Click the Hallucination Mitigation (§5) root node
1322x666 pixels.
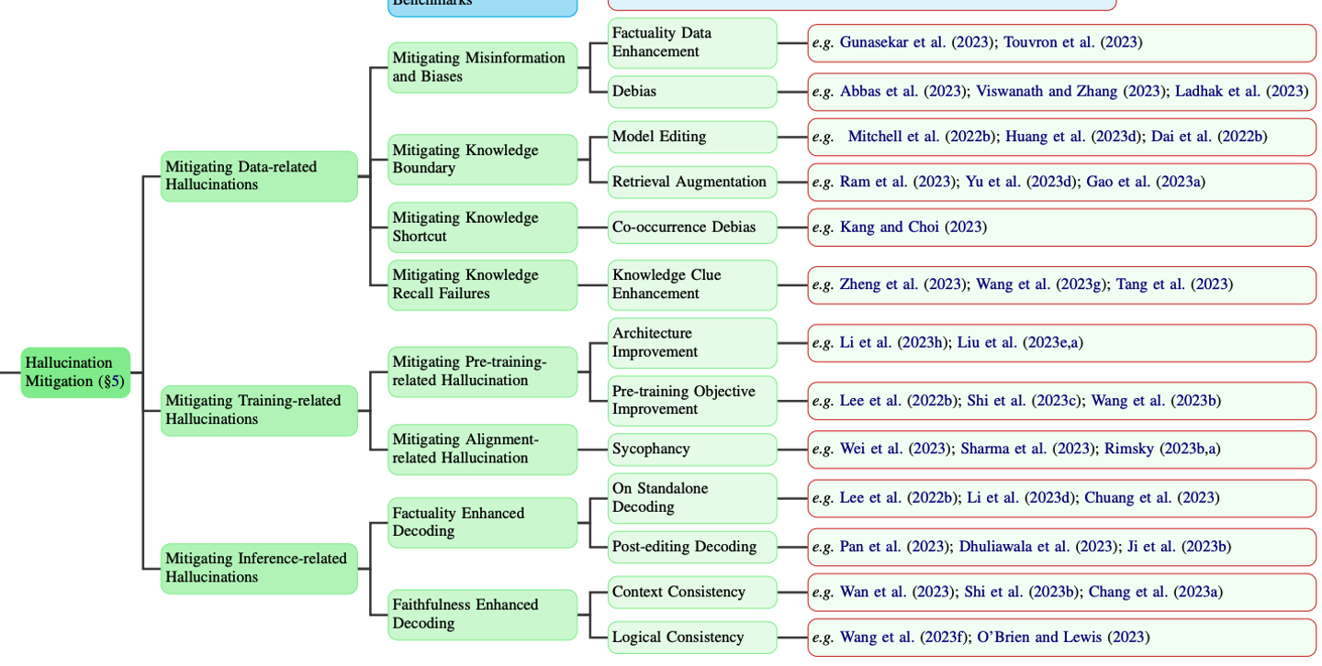75,372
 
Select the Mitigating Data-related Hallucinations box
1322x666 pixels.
259,176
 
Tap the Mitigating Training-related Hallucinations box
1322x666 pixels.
259,410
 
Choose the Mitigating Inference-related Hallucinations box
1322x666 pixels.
259,568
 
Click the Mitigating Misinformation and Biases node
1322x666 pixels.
482,67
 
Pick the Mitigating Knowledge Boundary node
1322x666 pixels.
482,160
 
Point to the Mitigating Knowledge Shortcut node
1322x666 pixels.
482,228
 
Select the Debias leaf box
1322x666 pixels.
692,92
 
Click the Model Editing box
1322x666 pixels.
692,137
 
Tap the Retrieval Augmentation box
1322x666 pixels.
692,182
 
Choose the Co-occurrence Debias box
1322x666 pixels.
692,228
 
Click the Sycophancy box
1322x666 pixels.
692,450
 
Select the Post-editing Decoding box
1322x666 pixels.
692,547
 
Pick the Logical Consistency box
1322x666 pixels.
692,638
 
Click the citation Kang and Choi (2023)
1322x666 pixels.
913,228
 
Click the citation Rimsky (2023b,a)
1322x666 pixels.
1162,450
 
